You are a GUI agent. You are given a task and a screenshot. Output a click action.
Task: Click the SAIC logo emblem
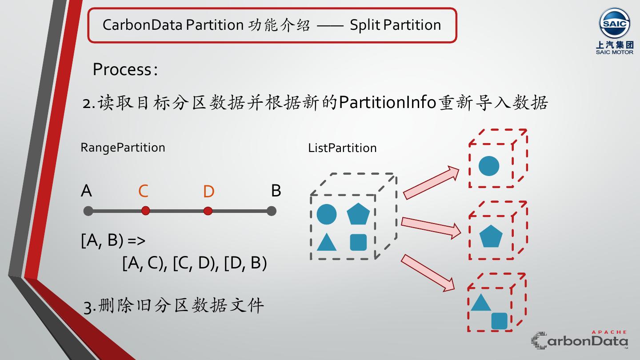[614, 24]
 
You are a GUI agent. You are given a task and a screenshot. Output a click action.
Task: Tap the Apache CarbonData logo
[580, 340]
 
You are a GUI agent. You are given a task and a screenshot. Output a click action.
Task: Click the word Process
[122, 69]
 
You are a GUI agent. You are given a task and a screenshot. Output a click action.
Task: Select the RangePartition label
[123, 148]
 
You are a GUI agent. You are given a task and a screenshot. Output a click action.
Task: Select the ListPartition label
[342, 148]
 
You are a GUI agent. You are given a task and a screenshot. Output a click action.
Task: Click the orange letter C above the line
[143, 191]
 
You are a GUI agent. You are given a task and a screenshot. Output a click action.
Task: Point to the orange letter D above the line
[208, 192]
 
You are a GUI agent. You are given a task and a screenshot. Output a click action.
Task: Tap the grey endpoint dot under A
[88, 211]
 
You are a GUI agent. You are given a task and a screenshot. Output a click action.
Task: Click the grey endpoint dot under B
[272, 211]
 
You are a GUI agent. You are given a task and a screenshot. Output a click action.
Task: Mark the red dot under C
[145, 211]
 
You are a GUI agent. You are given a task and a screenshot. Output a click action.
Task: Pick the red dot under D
[208, 211]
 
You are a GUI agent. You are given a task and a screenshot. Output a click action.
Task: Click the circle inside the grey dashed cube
[327, 214]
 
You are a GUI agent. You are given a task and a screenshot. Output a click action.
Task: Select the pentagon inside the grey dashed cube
[358, 214]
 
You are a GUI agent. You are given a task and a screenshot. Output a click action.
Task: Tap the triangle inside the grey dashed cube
[327, 242]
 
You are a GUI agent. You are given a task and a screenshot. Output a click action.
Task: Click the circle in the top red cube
[489, 166]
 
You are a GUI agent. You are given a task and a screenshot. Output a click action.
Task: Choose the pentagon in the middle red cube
[491, 236]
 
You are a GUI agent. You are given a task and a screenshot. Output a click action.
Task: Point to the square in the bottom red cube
[499, 321]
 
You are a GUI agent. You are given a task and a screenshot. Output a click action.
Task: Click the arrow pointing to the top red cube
[431, 182]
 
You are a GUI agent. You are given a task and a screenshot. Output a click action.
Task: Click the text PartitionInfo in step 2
[387, 103]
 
